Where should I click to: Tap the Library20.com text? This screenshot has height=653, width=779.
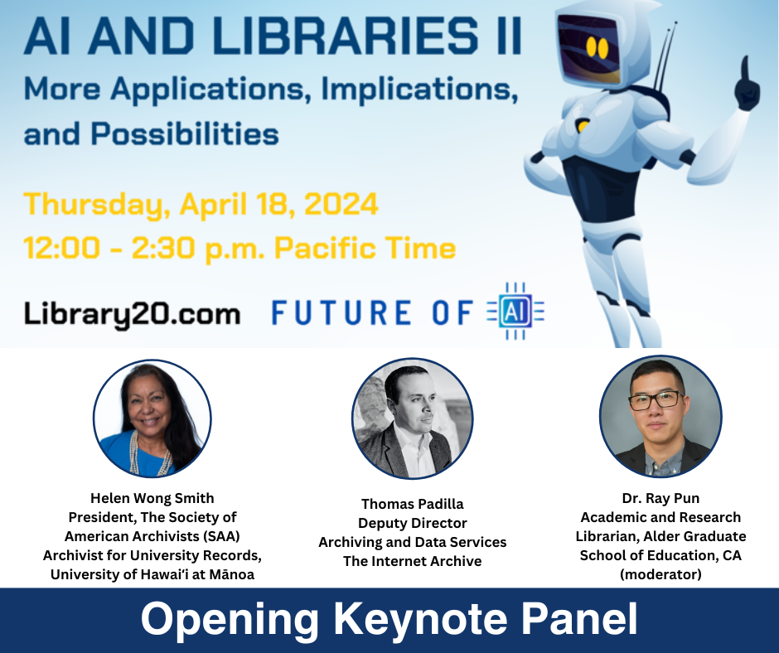pos(132,313)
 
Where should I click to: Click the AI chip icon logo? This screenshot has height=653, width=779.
pos(515,312)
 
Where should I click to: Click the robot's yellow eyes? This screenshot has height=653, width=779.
pos(597,47)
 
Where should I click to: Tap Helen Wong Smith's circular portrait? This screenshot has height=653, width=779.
pos(152,418)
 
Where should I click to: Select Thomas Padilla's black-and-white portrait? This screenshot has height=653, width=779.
pos(413,418)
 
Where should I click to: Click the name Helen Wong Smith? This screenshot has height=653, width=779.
pos(152,498)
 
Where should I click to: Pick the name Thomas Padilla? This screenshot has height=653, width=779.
pos(413,504)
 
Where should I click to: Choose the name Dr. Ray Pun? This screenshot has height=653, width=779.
pos(660,498)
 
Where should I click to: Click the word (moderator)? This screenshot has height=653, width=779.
pos(660,574)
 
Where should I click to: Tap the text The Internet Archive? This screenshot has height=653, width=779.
pos(413,561)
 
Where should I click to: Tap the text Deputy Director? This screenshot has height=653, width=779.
pos(413,523)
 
